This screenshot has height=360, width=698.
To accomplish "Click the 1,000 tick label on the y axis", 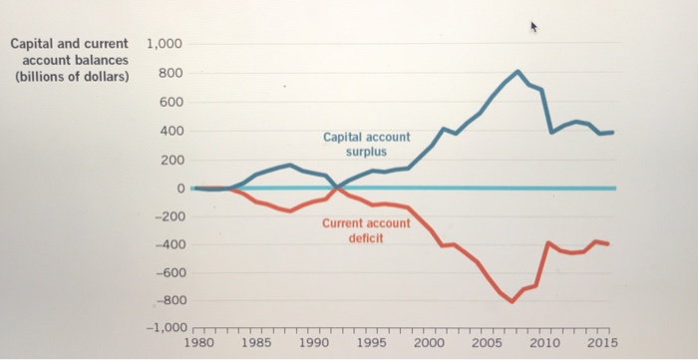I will click(x=164, y=45).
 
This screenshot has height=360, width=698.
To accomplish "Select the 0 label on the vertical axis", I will click(x=180, y=187).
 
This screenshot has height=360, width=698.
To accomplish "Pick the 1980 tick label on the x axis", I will click(x=199, y=342).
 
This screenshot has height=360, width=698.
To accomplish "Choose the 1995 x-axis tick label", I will click(x=372, y=342).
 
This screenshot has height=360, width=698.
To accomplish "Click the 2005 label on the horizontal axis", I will click(x=487, y=342).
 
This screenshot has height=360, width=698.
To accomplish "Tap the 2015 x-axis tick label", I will click(x=601, y=342).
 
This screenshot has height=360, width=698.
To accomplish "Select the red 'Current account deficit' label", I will click(x=365, y=230).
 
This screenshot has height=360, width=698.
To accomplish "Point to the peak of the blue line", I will click(x=518, y=72).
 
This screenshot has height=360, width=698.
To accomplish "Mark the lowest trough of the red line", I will click(x=512, y=301).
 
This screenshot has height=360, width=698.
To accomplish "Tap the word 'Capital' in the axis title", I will click(x=33, y=45).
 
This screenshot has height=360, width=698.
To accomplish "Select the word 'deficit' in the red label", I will click(x=366, y=238).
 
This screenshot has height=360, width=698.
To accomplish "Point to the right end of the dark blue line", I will click(x=612, y=133).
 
